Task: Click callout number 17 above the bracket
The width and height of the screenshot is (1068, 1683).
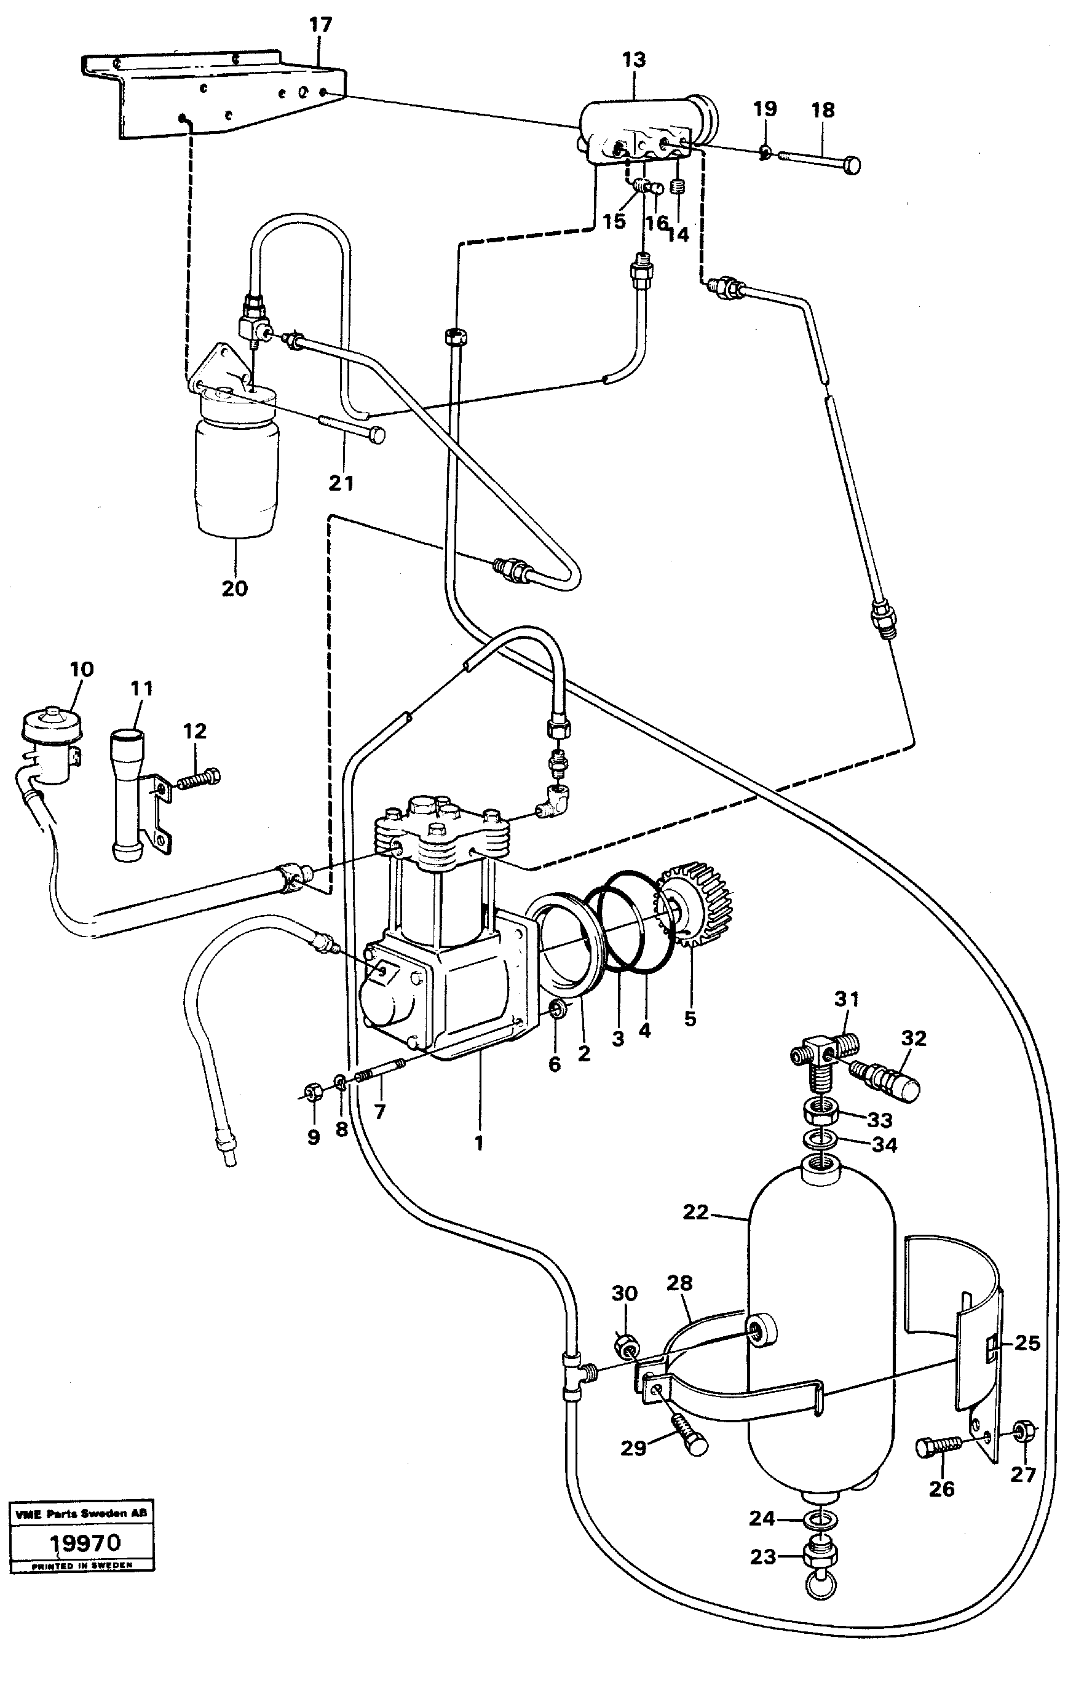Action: (x=320, y=25)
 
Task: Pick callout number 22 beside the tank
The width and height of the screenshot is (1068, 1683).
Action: (x=695, y=1211)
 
